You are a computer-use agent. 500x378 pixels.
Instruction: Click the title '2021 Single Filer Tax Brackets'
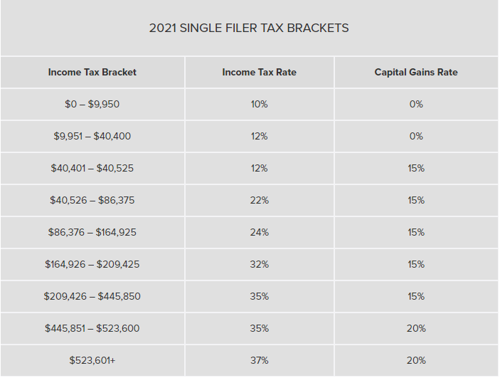click(x=249, y=28)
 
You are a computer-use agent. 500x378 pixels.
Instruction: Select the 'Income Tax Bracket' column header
click(x=92, y=72)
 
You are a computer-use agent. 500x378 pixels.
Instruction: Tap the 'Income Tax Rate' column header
click(x=260, y=72)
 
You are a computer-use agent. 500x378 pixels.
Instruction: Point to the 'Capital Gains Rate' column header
click(x=416, y=72)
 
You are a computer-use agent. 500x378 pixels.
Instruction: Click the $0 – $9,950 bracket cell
click(x=92, y=104)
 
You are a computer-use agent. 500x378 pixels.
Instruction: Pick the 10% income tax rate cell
click(x=260, y=104)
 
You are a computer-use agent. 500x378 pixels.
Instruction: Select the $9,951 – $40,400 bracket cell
click(x=92, y=136)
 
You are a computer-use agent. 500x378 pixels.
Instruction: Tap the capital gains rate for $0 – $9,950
click(x=416, y=104)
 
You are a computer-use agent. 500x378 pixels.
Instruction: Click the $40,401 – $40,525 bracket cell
click(x=92, y=168)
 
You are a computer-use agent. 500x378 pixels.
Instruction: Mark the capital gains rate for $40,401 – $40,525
click(x=416, y=168)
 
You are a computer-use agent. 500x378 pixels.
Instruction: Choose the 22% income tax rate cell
click(x=260, y=200)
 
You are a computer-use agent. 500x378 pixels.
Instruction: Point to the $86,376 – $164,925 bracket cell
click(x=92, y=232)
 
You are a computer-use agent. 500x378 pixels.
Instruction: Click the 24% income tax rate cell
click(x=260, y=232)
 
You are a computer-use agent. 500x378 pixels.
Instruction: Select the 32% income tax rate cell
click(x=260, y=264)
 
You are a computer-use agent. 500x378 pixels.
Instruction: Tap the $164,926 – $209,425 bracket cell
click(x=92, y=264)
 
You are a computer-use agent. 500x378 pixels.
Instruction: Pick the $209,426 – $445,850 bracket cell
click(x=92, y=296)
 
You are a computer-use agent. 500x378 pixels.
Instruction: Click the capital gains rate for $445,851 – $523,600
click(x=416, y=328)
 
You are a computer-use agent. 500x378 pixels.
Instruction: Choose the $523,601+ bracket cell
click(x=92, y=360)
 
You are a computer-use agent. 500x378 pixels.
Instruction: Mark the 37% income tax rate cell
click(x=260, y=360)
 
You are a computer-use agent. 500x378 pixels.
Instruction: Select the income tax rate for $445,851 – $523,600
click(x=260, y=328)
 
